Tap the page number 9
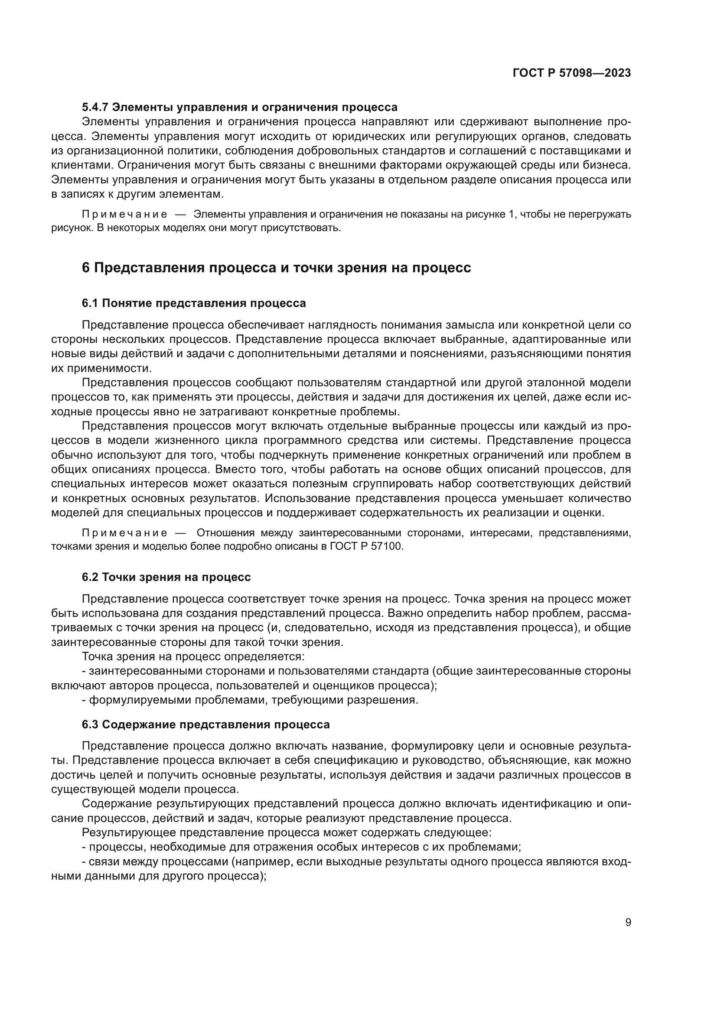(x=628, y=923)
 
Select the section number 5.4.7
(x=95, y=108)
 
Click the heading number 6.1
(x=91, y=303)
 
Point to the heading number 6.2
(x=91, y=577)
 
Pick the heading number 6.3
(x=91, y=725)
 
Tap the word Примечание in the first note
(x=124, y=215)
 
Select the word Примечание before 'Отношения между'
(x=124, y=533)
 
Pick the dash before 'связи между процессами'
(x=85, y=862)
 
